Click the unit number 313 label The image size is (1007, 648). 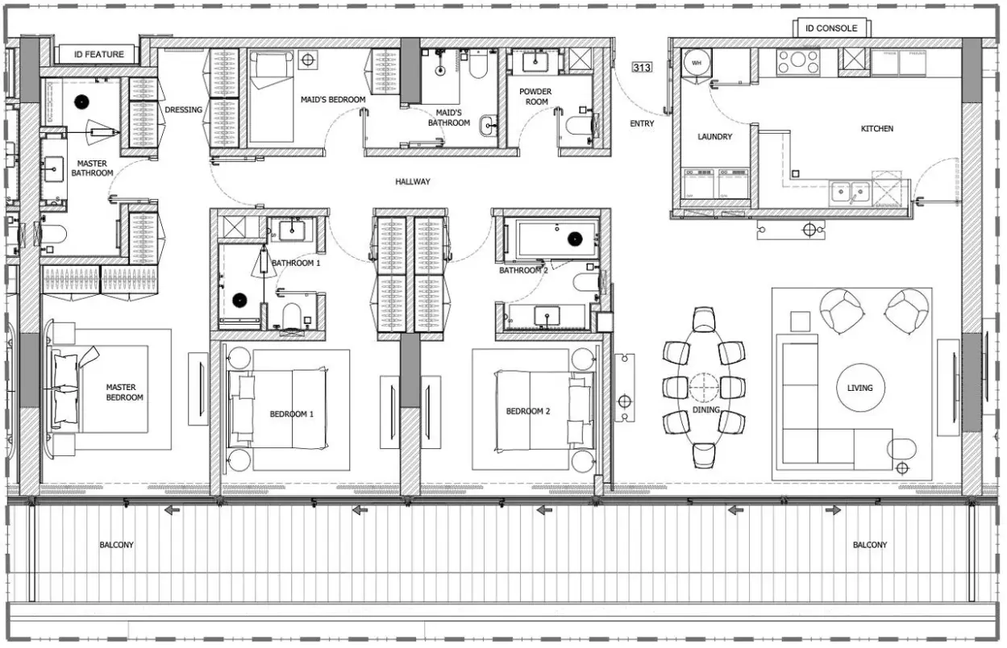click(642, 68)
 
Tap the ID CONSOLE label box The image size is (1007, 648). click(831, 28)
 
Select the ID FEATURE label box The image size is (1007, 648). click(98, 54)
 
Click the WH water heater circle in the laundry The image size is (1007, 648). click(697, 63)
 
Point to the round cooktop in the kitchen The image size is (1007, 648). click(798, 61)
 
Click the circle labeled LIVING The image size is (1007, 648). click(860, 388)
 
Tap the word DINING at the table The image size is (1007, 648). click(705, 409)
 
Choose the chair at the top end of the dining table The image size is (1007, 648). click(704, 319)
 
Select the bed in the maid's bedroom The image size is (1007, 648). click(272, 97)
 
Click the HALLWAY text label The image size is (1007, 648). click(413, 181)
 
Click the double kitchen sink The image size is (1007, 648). click(850, 193)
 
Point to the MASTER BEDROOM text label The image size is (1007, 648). click(123, 393)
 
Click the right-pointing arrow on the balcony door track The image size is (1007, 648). click(833, 510)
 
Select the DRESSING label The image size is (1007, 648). click(183, 110)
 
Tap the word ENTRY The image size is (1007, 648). click(642, 123)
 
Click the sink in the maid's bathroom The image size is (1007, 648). click(488, 126)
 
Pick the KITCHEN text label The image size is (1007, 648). click(877, 128)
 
